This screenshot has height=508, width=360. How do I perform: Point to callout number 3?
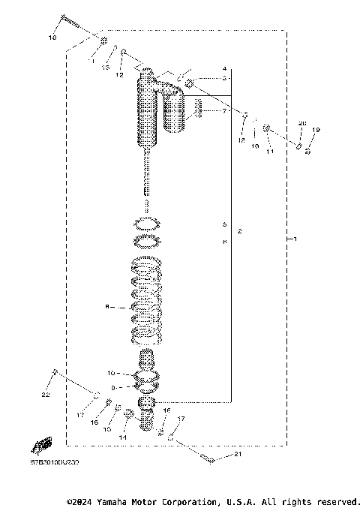point(224,78)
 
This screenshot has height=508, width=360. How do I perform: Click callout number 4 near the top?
point(224,68)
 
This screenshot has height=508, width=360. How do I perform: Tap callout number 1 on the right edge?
point(295,239)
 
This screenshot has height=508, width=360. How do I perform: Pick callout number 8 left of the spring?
point(107,306)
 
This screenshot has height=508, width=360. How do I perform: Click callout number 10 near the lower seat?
point(110,372)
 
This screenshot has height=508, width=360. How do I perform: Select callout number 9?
point(115,387)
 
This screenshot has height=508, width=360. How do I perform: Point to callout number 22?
point(45,395)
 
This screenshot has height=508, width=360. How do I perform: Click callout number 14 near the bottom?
point(124,437)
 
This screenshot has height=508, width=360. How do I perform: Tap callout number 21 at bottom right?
point(239,455)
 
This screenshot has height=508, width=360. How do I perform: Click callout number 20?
point(302,123)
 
